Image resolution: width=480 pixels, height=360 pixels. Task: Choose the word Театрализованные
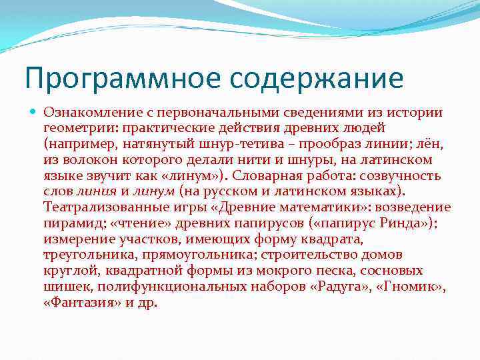[x=109, y=208]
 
